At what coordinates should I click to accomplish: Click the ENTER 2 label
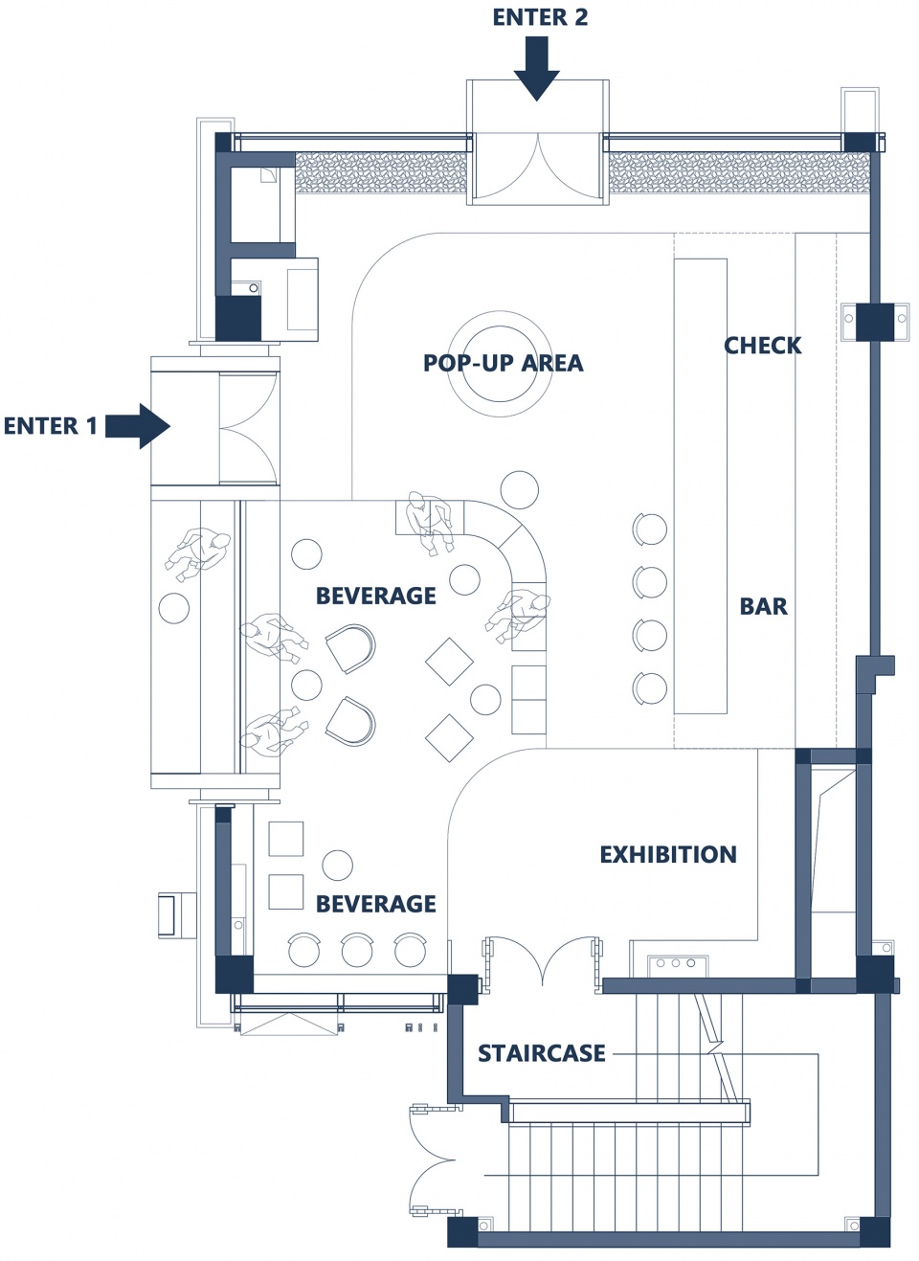pyautogui.click(x=540, y=17)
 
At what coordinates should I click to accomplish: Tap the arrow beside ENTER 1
pyautogui.click(x=138, y=426)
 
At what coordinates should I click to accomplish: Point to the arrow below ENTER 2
pyautogui.click(x=536, y=69)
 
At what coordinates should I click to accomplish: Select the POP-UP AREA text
pyautogui.click(x=504, y=363)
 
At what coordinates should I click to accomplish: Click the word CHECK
pyautogui.click(x=763, y=345)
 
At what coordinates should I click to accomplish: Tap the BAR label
pyautogui.click(x=763, y=606)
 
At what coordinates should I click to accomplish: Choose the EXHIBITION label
pyautogui.click(x=668, y=855)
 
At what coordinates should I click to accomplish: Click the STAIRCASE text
pyautogui.click(x=542, y=1053)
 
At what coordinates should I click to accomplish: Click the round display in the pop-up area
pyautogui.click(x=499, y=364)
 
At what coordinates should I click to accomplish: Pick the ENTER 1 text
pyautogui.click(x=51, y=426)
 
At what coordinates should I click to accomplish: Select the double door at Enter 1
pyautogui.click(x=249, y=428)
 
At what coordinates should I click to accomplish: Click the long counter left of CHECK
pyautogui.click(x=701, y=485)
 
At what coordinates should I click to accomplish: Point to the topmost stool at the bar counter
pyautogui.click(x=650, y=529)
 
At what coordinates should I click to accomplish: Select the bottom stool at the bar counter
pyautogui.click(x=650, y=687)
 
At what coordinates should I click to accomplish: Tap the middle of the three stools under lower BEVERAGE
pyautogui.click(x=357, y=950)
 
